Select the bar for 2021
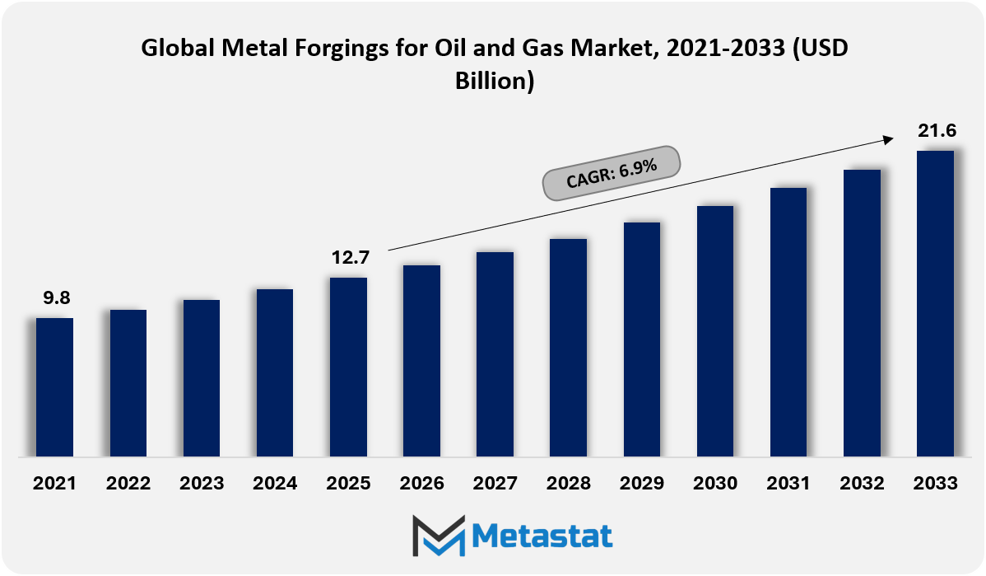click(x=54, y=387)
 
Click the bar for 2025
click(x=348, y=367)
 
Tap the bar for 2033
click(x=935, y=303)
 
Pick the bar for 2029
click(x=642, y=340)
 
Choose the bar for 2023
click(x=202, y=377)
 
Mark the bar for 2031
click(x=788, y=321)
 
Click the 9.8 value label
click(x=57, y=297)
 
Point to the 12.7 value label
click(x=351, y=257)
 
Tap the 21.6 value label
click(x=937, y=130)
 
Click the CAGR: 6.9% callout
click(x=612, y=173)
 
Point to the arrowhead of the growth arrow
click(x=889, y=139)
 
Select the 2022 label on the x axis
click(x=128, y=483)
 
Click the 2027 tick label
click(x=495, y=483)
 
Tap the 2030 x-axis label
click(x=715, y=483)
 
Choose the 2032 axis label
click(x=862, y=483)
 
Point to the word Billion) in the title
click(x=495, y=81)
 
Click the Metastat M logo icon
click(x=439, y=536)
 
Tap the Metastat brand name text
click(x=542, y=536)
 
